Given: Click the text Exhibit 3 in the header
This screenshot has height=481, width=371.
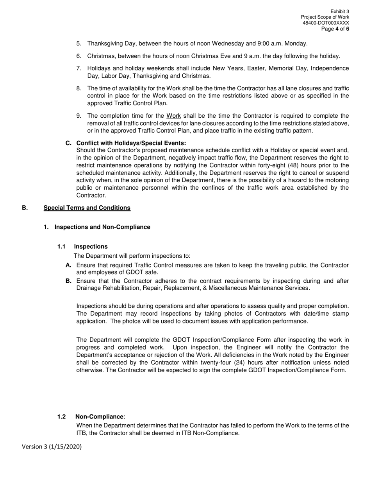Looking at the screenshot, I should (x=339, y=12).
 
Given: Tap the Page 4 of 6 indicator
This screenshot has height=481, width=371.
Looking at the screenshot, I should (x=335, y=29).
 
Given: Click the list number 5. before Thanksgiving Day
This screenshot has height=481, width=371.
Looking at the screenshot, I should (x=79, y=43).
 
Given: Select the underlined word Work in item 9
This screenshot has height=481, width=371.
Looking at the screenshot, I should (x=173, y=116).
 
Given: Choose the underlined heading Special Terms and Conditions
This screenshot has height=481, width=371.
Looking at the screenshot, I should (x=87, y=208).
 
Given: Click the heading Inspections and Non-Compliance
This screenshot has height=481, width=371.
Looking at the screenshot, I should (x=102, y=227).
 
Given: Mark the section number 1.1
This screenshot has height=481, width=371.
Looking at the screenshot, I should (x=61, y=246).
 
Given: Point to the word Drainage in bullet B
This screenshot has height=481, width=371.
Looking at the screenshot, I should (x=88, y=288).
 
